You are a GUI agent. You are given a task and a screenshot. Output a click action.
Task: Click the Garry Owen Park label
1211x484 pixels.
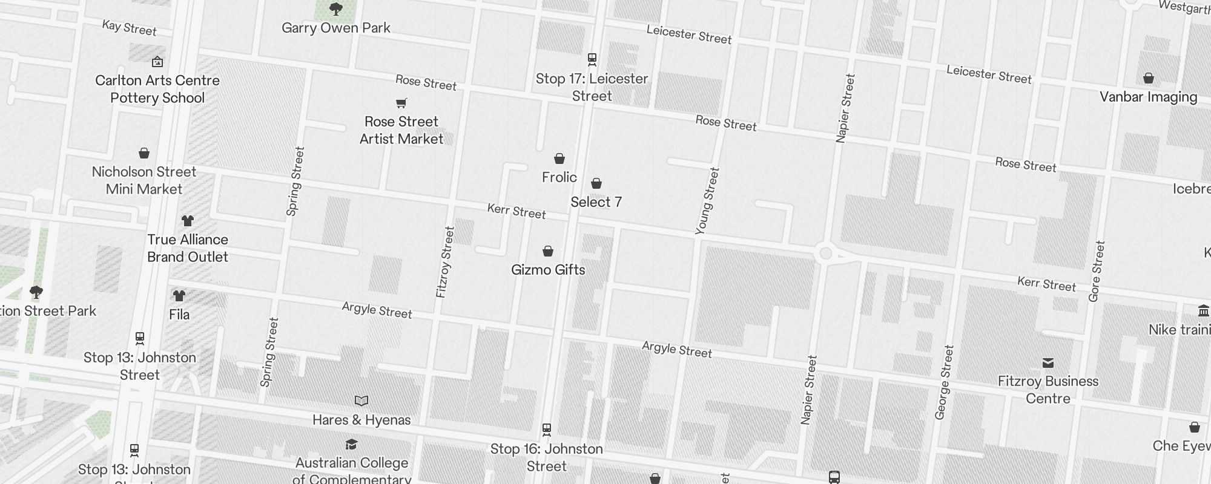336,28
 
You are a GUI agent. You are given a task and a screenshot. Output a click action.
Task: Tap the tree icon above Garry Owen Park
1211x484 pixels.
335,9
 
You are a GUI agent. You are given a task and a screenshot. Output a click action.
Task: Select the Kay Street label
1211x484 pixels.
129,27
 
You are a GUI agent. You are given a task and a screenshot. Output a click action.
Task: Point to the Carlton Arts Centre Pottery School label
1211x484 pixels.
157,89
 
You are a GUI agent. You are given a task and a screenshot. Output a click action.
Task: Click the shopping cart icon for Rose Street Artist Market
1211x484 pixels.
401,103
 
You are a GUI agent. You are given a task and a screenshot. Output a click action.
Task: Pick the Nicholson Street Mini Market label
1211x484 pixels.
144,180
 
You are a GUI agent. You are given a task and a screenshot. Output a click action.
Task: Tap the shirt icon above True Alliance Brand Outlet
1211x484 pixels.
188,221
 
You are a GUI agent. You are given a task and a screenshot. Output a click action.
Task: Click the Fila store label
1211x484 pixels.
179,315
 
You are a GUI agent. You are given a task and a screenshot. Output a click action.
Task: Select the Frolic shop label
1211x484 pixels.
559,177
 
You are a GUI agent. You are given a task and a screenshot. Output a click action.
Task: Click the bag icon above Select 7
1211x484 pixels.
596,183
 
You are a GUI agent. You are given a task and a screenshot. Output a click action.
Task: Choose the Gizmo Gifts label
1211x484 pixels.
548,270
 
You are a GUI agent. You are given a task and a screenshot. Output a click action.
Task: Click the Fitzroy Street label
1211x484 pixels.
445,262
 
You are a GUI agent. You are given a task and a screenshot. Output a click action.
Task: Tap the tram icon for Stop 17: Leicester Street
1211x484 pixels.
592,59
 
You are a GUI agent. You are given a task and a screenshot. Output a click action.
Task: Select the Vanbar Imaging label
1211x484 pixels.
1148,97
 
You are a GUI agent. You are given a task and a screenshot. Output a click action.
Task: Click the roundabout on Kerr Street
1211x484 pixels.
825,253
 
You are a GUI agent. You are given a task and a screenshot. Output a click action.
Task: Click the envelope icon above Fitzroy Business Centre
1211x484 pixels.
1048,363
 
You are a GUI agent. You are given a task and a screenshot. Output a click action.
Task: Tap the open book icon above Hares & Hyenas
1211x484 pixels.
361,401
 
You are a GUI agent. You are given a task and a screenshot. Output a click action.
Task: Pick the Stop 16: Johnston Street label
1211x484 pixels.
546,457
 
